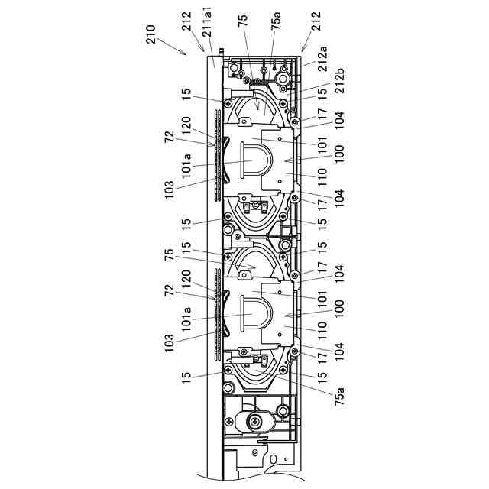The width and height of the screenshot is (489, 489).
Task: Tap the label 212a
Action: point(322,59)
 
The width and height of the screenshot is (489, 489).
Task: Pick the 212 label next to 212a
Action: point(316,21)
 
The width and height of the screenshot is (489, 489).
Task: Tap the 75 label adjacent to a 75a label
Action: point(243,21)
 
